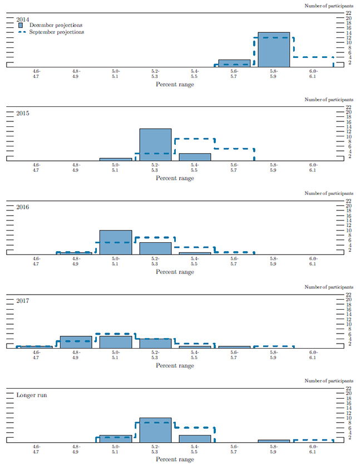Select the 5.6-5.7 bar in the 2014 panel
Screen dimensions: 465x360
tap(234, 63)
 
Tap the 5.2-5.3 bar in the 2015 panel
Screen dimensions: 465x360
tap(155, 144)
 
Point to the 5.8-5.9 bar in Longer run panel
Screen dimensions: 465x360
tap(274, 440)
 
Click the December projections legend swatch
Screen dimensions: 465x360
tap(21, 25)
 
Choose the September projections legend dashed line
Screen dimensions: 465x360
tap(21, 32)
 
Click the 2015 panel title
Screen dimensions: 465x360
tap(23, 112)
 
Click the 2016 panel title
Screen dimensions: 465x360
tap(23, 207)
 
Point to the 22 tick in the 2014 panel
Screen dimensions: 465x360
tap(348, 12)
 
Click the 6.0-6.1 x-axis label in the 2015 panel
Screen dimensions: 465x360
tap(313, 167)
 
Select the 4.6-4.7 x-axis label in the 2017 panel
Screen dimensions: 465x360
tap(37, 355)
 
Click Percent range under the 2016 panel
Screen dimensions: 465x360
tap(175, 272)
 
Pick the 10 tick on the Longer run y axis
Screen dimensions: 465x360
tap(348, 418)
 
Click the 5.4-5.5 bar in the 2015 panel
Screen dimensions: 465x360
tap(195, 156)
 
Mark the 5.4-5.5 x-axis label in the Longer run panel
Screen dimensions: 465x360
tap(195, 449)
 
